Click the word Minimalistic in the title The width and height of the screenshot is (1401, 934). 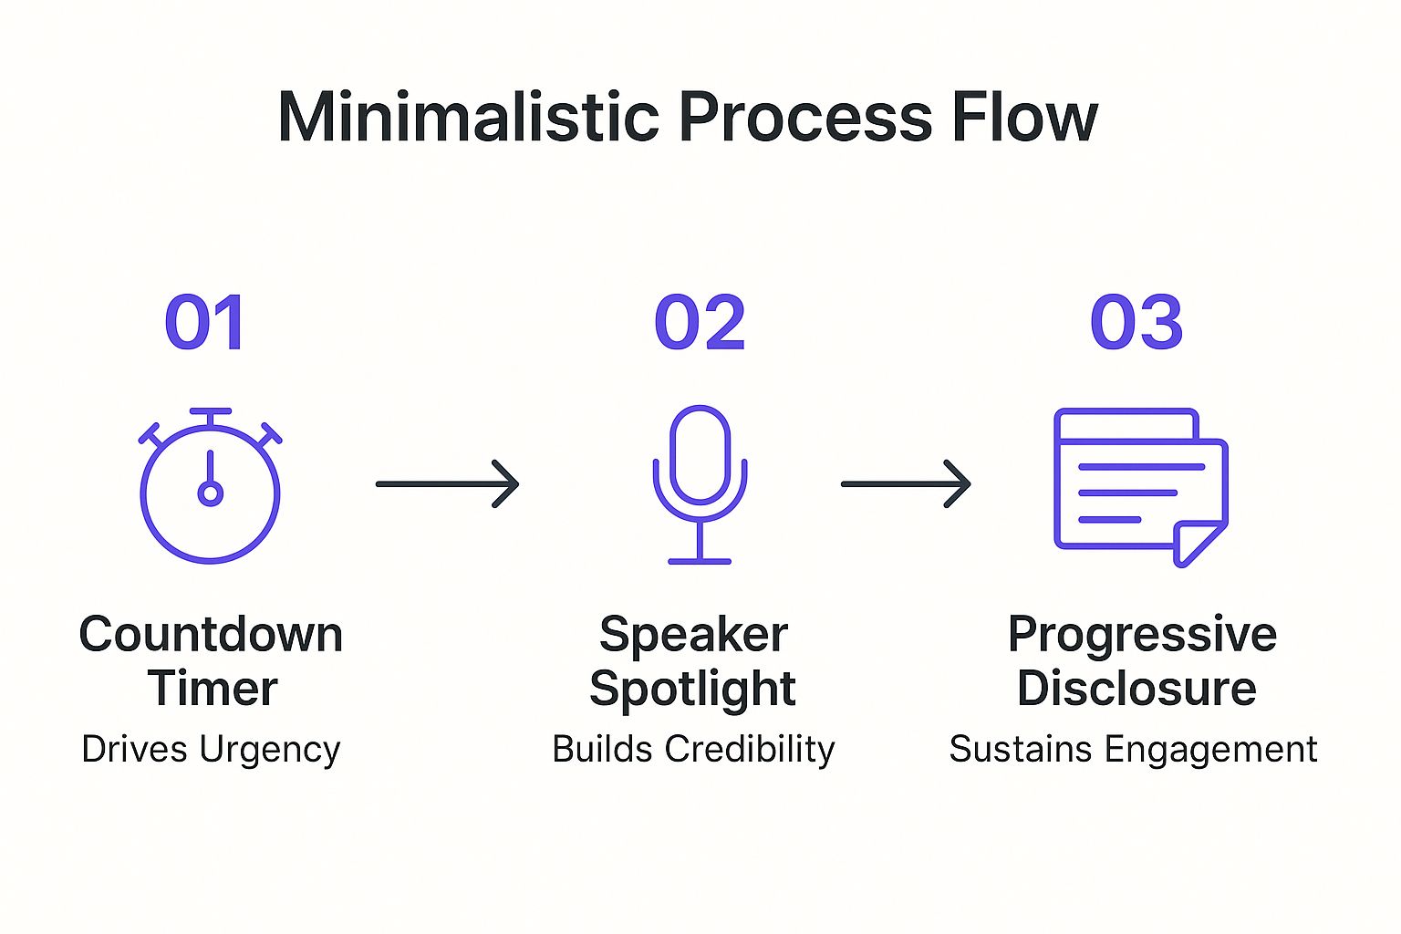468,117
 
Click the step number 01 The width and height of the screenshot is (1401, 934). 205,323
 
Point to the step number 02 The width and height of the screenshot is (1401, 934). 700,323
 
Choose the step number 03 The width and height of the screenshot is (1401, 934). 1136,323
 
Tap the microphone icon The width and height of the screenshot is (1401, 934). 700,483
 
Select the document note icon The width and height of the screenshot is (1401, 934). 1139,483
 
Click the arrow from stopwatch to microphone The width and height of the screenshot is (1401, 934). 447,483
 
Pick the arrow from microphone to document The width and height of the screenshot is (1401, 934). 906,483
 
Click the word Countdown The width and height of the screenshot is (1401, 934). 211,634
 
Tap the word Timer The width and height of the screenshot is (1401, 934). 213,688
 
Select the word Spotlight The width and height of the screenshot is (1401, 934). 692,688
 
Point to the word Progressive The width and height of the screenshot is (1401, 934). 1142,634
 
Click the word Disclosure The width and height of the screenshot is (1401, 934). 1136,688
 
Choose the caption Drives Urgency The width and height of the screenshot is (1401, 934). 211,750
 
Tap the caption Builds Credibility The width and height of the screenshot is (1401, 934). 693,750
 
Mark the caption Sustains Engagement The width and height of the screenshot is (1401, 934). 1133,750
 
